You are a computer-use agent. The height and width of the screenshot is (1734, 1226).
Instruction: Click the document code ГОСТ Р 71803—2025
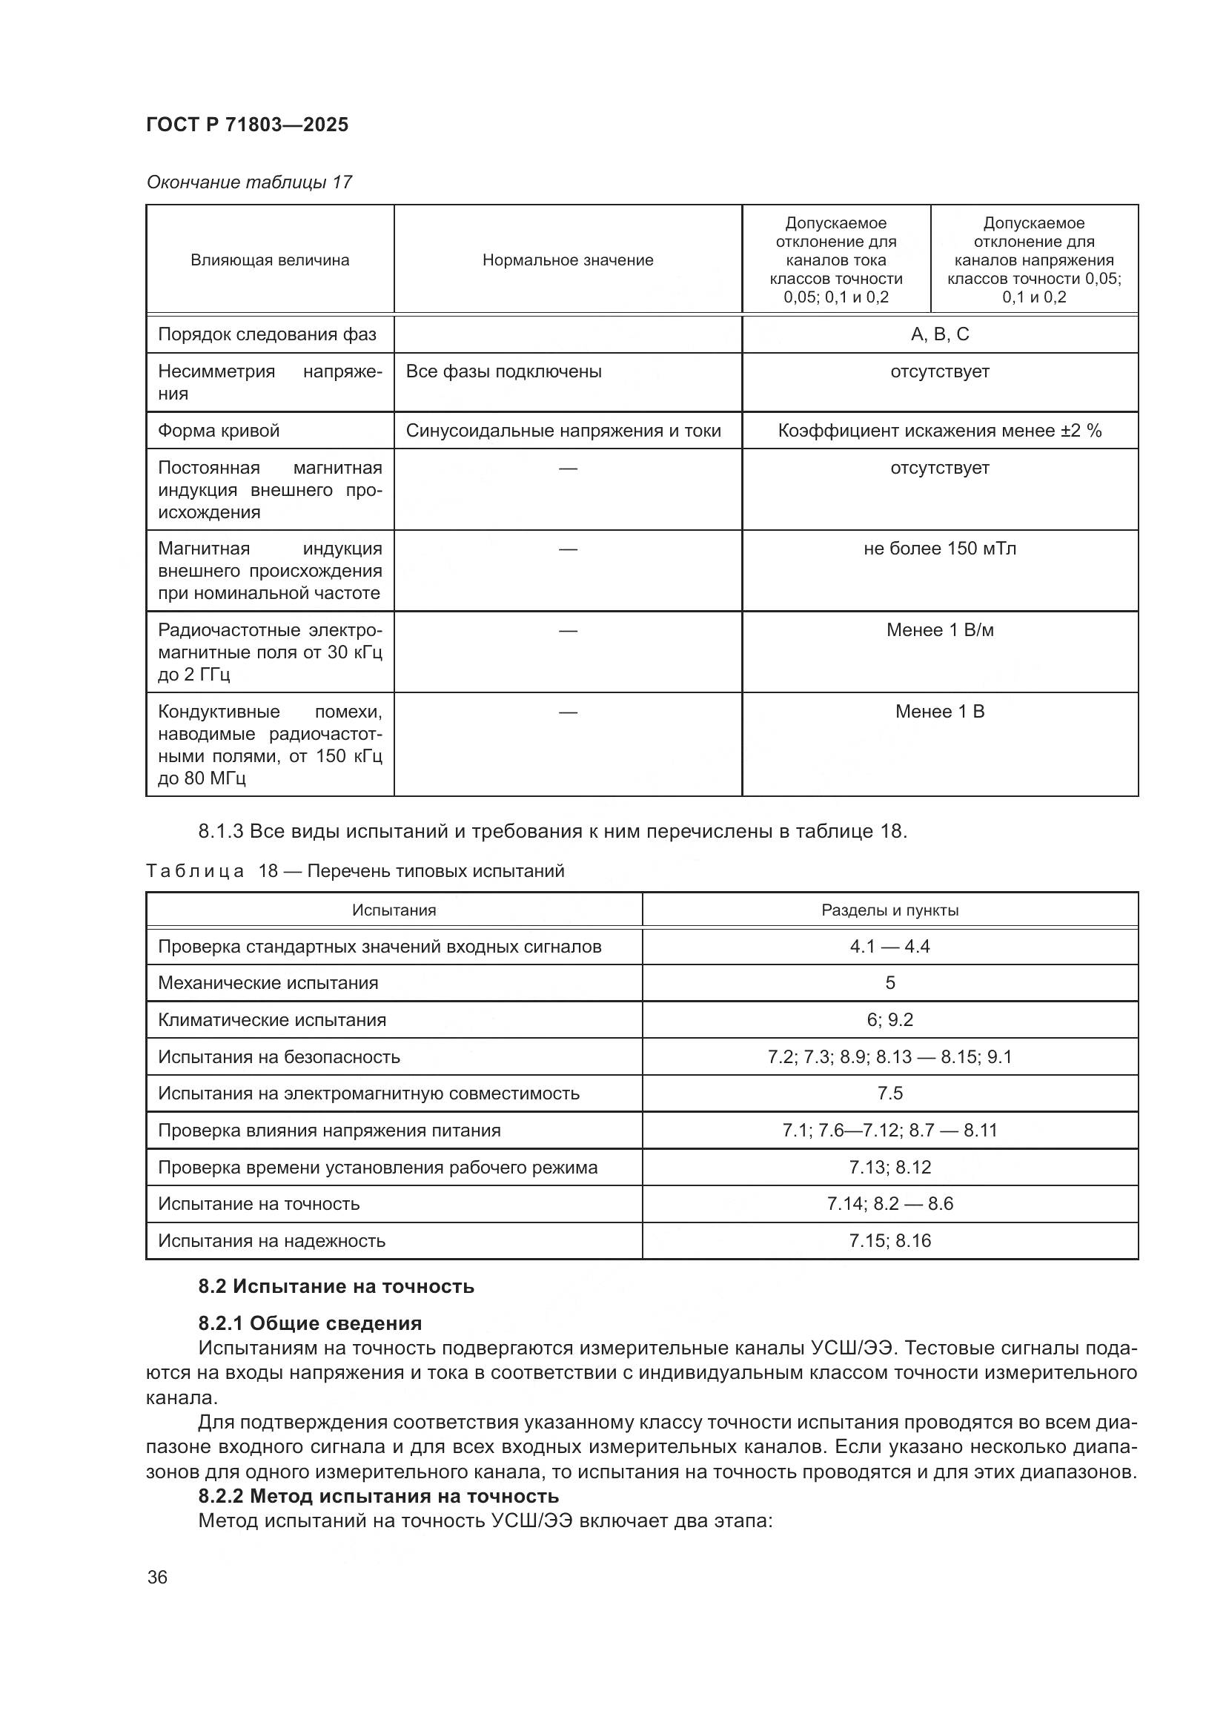click(x=247, y=125)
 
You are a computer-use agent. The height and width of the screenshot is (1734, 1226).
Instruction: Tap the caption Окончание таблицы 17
click(x=249, y=182)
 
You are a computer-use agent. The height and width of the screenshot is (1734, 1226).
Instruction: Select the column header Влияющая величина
click(x=270, y=260)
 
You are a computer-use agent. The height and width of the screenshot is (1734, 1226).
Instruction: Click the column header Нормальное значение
click(x=568, y=260)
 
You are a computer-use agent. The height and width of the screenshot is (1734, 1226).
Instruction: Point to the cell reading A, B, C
click(x=940, y=334)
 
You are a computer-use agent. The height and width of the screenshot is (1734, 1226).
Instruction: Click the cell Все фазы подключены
click(x=503, y=371)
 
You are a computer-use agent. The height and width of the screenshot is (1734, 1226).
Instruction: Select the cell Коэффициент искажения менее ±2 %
click(x=940, y=431)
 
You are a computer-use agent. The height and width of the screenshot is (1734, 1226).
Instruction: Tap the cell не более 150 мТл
click(x=940, y=549)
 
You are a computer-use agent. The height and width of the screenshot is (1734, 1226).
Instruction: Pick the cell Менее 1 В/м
click(x=940, y=630)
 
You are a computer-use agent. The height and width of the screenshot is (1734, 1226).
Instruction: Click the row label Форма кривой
click(x=219, y=431)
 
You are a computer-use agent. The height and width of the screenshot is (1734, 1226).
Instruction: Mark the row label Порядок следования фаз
click(x=268, y=334)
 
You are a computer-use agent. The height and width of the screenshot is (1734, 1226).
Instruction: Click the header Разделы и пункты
click(x=890, y=910)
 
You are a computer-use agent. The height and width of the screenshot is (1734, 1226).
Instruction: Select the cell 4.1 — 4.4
click(x=890, y=946)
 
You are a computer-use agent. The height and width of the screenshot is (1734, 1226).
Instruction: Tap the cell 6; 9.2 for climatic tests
click(x=890, y=1020)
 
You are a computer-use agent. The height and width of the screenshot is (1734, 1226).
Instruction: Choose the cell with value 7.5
click(x=890, y=1093)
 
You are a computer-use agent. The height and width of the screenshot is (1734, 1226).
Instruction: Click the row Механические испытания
click(x=268, y=983)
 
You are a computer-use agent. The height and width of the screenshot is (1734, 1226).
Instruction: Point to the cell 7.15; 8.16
click(x=890, y=1241)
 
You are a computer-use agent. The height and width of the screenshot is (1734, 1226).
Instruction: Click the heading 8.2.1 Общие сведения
click(x=311, y=1323)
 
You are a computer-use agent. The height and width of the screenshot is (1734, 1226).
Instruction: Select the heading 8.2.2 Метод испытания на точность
click(x=378, y=1496)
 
